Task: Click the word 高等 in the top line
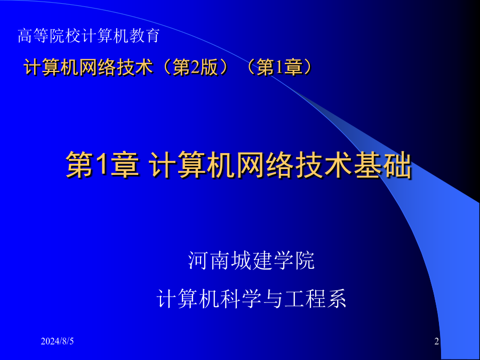[x=33, y=36]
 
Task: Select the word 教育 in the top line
[x=145, y=36]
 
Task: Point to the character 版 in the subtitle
[x=209, y=67]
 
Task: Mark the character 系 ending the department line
[x=336, y=299]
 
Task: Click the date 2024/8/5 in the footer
[x=57, y=341]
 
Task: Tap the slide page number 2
[x=436, y=341]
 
